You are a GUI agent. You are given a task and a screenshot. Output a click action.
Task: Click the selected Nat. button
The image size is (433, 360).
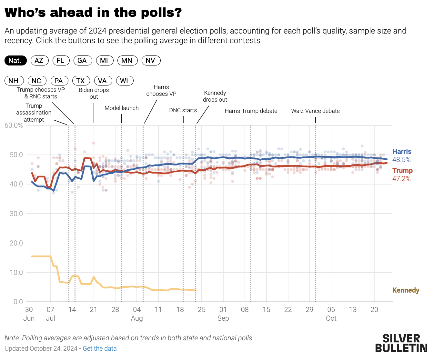[15, 61]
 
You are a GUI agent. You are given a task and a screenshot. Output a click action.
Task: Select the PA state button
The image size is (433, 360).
[59, 81]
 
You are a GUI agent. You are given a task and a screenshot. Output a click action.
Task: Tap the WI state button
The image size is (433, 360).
[124, 81]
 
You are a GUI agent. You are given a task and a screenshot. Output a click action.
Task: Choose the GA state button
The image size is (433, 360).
[82, 61]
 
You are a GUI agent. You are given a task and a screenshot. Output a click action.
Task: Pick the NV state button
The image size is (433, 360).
[151, 61]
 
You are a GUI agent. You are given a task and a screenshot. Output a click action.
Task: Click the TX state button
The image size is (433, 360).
[81, 81]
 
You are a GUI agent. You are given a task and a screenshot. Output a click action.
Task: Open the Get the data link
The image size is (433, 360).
[99, 348]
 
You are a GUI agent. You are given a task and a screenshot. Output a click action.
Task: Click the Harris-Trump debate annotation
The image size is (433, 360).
[251, 111]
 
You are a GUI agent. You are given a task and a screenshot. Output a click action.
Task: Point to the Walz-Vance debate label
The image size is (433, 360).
[315, 111]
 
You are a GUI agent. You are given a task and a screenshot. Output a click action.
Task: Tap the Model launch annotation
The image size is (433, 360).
[121, 108]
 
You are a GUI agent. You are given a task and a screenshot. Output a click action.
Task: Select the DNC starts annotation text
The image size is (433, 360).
[183, 110]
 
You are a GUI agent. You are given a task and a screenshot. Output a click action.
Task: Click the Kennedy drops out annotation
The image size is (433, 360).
[215, 96]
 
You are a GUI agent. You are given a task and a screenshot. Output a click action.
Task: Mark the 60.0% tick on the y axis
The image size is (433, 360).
[14, 125]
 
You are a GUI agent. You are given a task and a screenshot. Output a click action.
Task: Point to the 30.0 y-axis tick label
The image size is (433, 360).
[16, 214]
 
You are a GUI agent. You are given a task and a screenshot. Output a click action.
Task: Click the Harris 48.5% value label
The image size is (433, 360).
[401, 160]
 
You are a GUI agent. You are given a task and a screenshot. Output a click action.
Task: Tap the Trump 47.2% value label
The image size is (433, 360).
[401, 179]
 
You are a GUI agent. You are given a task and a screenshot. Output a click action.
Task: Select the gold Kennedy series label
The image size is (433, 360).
[406, 290]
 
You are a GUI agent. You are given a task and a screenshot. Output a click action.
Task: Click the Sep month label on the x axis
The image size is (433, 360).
[223, 318]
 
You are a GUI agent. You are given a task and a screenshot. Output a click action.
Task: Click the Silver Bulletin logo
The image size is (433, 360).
[401, 343]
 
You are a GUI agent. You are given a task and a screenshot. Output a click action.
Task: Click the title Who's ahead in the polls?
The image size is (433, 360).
[93, 13]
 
